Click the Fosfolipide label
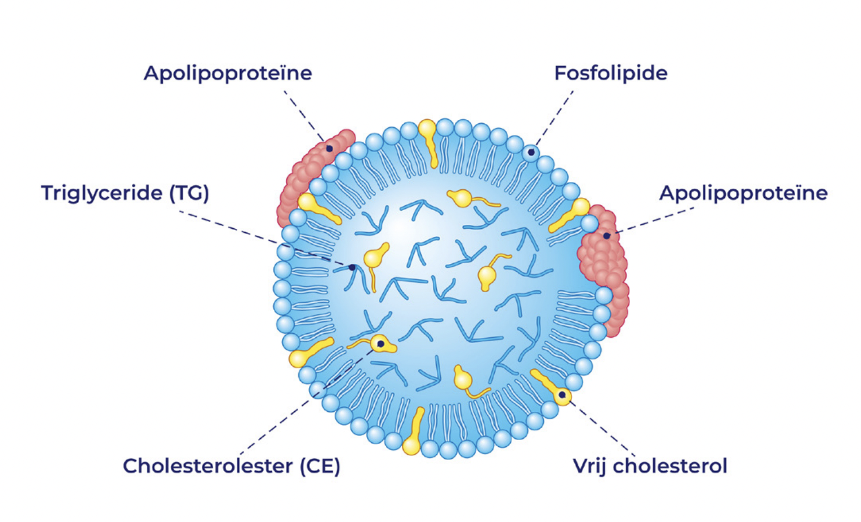pos(610,73)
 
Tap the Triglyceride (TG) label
pos(125,193)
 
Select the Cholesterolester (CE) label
pos(232,466)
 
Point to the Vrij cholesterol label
pos(650,466)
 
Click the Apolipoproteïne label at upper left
pos(228,73)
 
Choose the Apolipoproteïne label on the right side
pos(743,193)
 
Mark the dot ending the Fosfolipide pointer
pos(531,152)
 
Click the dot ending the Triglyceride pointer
pos(352,267)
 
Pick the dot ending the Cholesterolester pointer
pos(380,344)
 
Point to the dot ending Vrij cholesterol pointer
pos(562,395)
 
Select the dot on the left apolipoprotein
pos(330,149)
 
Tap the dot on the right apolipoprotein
pos(606,236)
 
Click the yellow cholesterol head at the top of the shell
pos(427,128)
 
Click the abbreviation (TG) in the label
pos(189,193)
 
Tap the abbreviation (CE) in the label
pos(320,466)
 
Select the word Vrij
pos(590,466)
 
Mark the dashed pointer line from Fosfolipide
pos(554,121)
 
